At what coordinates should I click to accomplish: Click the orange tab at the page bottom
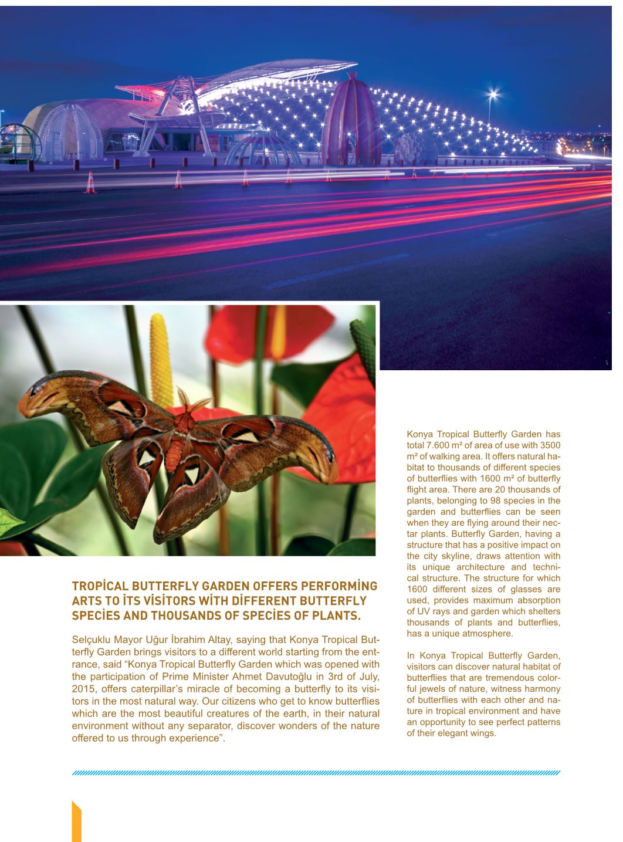76,821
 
